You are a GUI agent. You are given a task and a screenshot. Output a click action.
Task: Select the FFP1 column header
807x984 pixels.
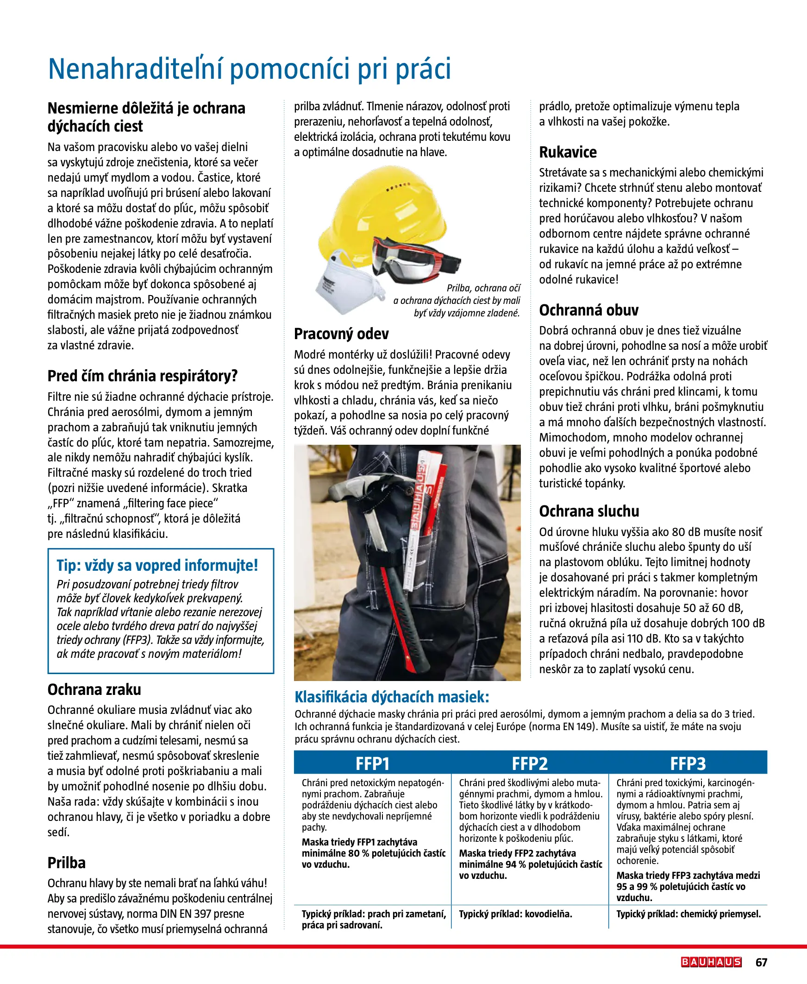point(372,763)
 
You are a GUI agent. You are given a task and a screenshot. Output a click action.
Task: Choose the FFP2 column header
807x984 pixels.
point(530,763)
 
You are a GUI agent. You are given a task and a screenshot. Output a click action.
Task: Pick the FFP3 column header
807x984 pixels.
point(688,763)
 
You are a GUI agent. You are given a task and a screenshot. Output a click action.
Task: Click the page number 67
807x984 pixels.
point(761,962)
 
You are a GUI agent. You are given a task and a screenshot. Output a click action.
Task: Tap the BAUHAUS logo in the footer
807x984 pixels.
point(711,962)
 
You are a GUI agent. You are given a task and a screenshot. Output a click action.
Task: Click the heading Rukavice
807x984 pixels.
point(568,152)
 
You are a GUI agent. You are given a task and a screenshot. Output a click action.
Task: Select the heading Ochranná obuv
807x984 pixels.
point(588,310)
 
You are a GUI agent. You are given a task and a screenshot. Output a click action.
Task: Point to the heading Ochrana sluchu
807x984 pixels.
point(588,511)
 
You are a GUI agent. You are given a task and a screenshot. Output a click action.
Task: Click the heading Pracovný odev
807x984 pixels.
point(341,334)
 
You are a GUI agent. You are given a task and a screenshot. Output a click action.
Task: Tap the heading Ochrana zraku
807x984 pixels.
point(94,689)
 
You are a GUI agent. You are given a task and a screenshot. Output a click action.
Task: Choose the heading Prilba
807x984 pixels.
point(67,863)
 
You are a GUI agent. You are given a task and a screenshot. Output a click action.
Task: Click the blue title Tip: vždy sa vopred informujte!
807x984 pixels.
point(157,565)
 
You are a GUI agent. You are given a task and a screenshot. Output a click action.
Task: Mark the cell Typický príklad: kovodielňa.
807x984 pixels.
point(515,914)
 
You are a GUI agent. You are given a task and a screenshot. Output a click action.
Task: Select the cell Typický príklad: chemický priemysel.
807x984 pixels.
point(688,914)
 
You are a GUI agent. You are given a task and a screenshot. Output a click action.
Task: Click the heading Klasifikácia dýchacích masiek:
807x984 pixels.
point(392,697)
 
